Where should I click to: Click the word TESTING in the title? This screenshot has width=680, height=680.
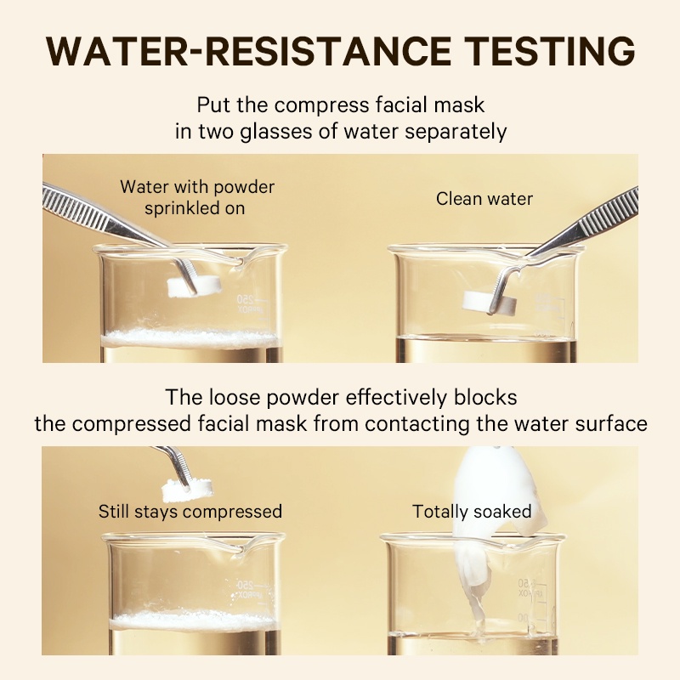click(x=549, y=51)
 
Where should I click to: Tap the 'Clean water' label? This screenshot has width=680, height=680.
click(x=484, y=199)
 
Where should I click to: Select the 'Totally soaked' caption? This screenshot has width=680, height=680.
click(x=472, y=512)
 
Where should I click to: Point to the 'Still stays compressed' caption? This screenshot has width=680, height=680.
click(x=190, y=512)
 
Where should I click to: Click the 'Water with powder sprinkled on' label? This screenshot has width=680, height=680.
click(x=197, y=198)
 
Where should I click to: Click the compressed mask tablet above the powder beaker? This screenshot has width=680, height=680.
click(x=195, y=286)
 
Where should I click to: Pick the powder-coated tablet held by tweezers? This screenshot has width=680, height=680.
click(x=187, y=490)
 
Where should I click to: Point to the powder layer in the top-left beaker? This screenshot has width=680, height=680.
click(x=190, y=337)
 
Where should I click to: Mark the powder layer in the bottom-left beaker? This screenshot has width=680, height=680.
click(x=194, y=620)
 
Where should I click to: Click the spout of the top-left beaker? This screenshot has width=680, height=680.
click(x=239, y=261)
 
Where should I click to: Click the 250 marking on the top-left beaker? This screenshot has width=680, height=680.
click(x=245, y=299)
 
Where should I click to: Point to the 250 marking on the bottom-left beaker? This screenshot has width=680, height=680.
click(x=246, y=584)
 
